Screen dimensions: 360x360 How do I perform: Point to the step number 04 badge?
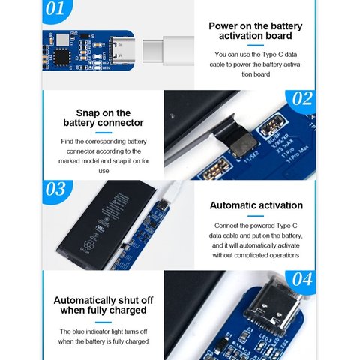pyautogui.click(x=301, y=280)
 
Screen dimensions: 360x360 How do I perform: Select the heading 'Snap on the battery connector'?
pyautogui.click(x=103, y=118)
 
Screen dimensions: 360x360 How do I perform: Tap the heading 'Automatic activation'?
pyautogui.click(x=256, y=205)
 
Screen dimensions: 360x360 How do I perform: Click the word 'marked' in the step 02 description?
pyautogui.click(x=72, y=161)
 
